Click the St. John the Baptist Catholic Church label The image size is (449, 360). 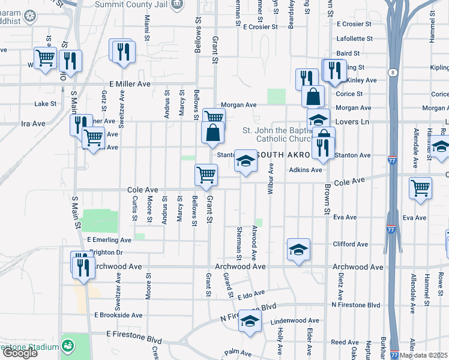tap(276, 134)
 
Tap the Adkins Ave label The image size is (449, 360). tap(306, 170)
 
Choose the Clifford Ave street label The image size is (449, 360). tap(349, 244)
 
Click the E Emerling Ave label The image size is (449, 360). tap(109, 240)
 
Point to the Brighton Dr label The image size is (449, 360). tap(105, 253)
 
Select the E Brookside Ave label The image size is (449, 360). tap(118, 315)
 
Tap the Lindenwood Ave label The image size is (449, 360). tap(292, 322)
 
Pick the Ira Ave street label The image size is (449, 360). tap(34, 124)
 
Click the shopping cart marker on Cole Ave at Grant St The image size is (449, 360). tap(206, 175)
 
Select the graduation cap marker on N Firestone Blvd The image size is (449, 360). tap(250, 322)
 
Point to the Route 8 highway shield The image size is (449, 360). tap(392, 73)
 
